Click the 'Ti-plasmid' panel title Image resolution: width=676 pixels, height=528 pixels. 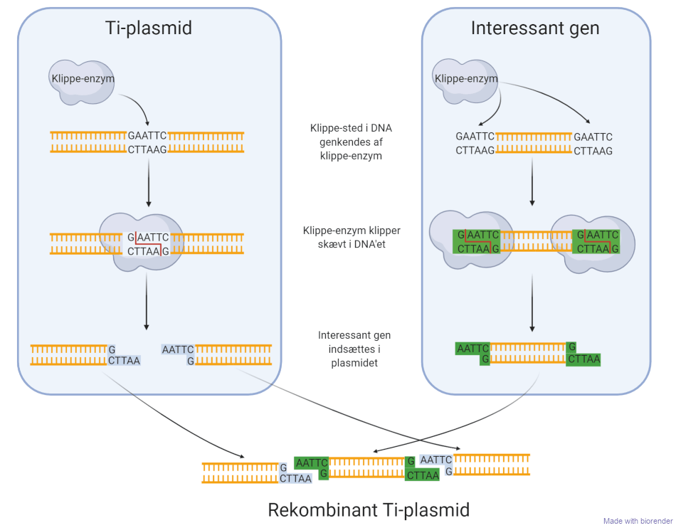click(x=149, y=28)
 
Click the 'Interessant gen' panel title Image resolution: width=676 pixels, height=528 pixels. click(x=535, y=28)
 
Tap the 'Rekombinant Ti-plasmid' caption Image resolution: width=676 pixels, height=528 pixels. click(x=369, y=509)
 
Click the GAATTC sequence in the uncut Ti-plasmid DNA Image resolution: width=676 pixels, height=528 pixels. click(x=147, y=135)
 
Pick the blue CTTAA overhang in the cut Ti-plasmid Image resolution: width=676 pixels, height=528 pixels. click(x=124, y=361)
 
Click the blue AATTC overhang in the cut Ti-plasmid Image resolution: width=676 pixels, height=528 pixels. click(x=178, y=349)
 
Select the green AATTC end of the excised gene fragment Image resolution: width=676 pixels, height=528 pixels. click(x=472, y=348)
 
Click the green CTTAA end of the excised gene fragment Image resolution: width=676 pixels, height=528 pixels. click(x=583, y=359)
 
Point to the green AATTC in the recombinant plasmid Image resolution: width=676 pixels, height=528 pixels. click(x=312, y=463)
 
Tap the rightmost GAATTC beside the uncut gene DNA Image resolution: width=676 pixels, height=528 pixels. click(x=593, y=137)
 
